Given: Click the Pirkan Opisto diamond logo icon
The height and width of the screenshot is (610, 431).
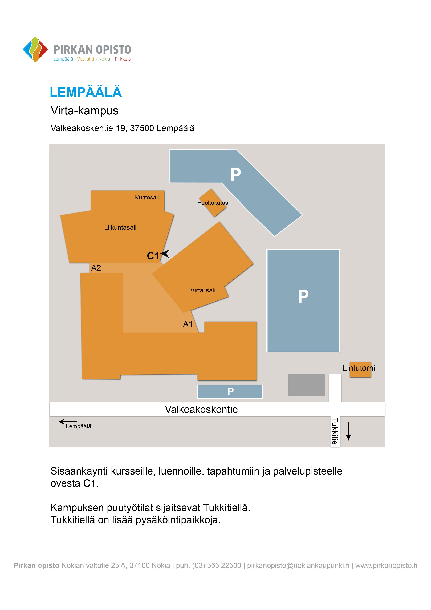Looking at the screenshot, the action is (35, 49).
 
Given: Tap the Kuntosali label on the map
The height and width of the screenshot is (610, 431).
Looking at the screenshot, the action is (147, 197).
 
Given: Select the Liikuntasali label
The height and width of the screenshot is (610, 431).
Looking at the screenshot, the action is (120, 227).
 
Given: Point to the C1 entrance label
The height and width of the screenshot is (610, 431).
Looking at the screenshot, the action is (153, 256).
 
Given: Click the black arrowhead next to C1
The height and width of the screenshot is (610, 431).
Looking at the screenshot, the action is (165, 254).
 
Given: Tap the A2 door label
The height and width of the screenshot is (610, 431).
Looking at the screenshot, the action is (96, 268).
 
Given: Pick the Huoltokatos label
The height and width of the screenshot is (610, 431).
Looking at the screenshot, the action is (212, 203).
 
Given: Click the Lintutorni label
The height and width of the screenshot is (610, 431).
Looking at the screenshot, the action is (359, 368).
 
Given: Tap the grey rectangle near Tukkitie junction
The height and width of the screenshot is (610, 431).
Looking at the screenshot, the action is (306, 385).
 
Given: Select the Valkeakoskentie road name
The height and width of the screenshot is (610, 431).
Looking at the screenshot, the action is (201, 409).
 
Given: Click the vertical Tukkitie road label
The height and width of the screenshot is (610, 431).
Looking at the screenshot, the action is (335, 431).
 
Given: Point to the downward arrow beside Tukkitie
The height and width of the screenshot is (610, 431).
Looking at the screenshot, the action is (349, 431).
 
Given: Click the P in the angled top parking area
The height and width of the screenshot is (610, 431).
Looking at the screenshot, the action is (235, 175).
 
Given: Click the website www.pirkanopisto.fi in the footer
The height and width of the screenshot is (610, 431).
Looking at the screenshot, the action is (386, 565).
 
